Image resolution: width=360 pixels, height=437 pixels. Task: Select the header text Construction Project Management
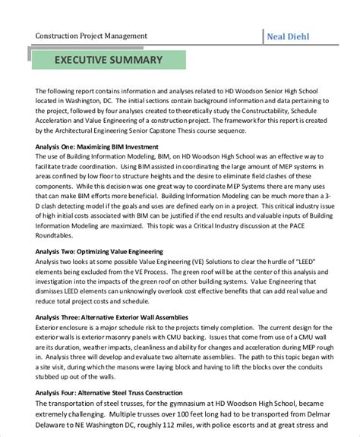click(x=98, y=36)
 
